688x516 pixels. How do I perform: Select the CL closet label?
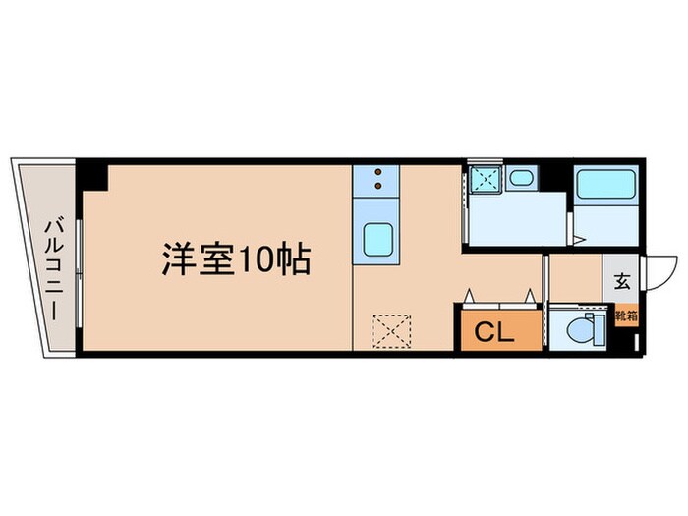[x=494, y=332]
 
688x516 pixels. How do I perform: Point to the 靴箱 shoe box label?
[x=626, y=316]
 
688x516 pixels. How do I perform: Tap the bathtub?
[x=606, y=187]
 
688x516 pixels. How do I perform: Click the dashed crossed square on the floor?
[x=391, y=329]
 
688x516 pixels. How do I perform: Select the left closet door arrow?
[x=470, y=295]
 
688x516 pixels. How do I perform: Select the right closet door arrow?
[x=529, y=295]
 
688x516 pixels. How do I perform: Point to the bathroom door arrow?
[x=579, y=238]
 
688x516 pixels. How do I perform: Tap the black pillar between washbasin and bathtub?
[x=557, y=178]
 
